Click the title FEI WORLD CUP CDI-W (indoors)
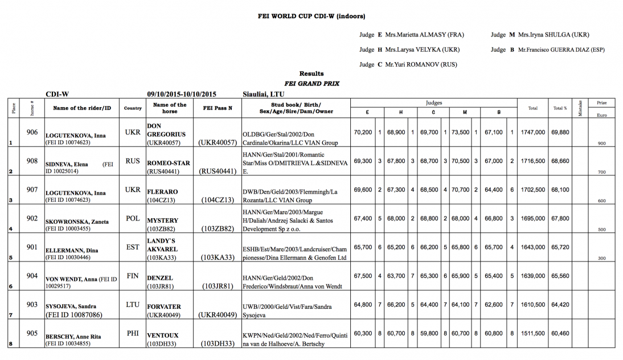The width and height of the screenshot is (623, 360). click(x=311, y=17)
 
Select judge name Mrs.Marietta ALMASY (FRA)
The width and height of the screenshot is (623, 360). click(x=425, y=35)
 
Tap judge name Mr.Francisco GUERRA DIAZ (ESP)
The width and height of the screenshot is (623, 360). click(x=561, y=50)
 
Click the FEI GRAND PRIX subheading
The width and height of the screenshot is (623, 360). click(x=311, y=83)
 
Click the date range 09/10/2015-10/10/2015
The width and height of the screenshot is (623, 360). click(x=182, y=94)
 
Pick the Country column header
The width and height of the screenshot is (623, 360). click(x=133, y=108)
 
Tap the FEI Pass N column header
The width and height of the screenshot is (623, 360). click(x=218, y=108)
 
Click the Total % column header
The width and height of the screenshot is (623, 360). click(x=560, y=108)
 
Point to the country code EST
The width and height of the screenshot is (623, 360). click(x=132, y=247)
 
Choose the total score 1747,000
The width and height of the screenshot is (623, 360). click(x=533, y=133)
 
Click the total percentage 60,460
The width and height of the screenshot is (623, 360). click(x=560, y=333)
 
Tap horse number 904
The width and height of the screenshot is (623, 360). click(x=32, y=276)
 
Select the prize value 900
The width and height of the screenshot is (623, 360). click(x=602, y=144)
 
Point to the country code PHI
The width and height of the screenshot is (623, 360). click(x=132, y=333)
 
